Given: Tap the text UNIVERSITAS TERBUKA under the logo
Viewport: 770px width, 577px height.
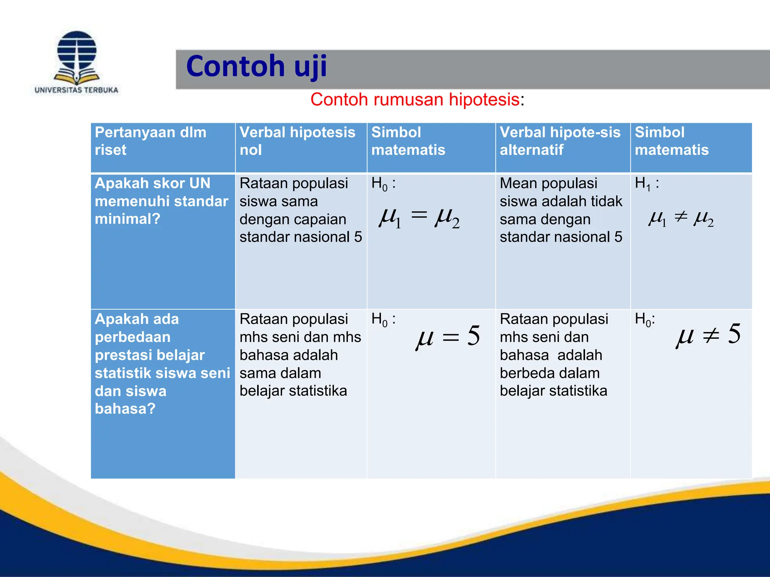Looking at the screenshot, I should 76,90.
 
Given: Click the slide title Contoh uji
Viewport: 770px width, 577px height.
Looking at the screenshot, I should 256,66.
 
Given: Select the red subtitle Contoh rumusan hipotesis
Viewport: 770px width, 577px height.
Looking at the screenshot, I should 415,100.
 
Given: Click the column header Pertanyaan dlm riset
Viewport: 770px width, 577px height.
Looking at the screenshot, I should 150,141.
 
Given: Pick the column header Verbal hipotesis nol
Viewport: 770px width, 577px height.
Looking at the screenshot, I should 297,141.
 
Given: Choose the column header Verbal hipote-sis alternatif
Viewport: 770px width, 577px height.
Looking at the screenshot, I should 560,141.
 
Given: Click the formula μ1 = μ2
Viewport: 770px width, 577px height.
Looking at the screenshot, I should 419,218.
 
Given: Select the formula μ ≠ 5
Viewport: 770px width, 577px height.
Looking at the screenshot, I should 708,335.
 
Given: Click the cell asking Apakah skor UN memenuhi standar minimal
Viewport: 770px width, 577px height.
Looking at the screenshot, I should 161,201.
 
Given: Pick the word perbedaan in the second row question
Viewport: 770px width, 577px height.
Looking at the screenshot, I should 132,337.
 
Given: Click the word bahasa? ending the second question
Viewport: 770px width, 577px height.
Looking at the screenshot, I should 125,409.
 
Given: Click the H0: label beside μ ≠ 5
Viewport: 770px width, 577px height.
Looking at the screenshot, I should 645,320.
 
